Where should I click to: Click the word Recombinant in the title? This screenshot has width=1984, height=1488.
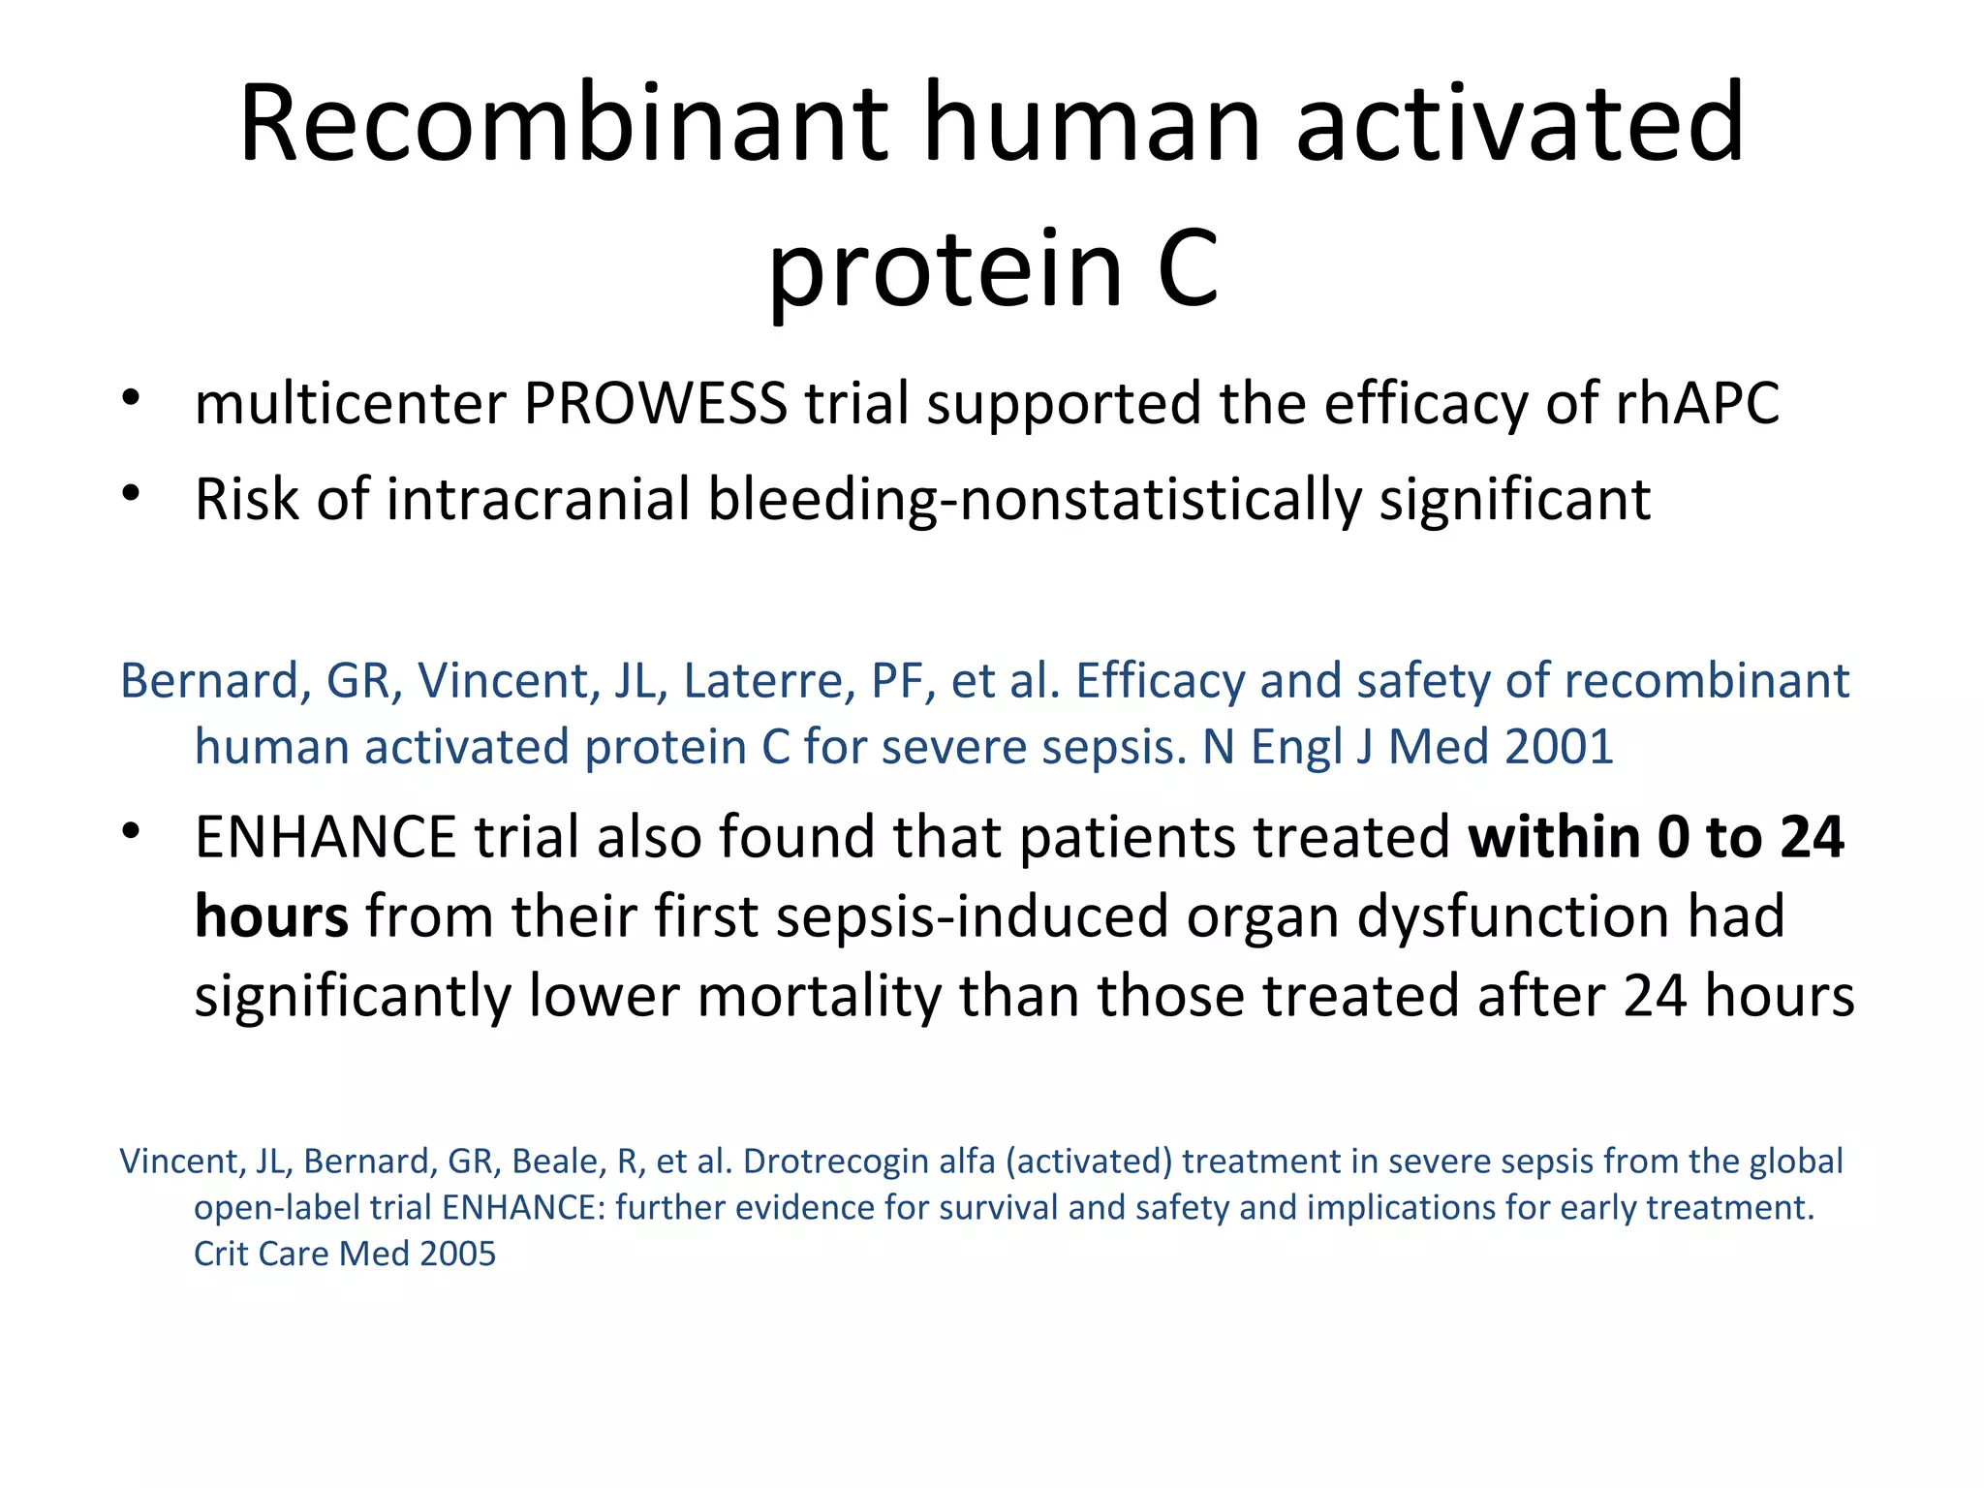[x=562, y=124]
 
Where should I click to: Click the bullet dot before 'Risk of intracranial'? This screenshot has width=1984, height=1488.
[x=132, y=494]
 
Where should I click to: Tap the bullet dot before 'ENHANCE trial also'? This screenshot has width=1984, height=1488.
[x=132, y=831]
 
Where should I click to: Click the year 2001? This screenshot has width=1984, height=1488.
[x=1560, y=747]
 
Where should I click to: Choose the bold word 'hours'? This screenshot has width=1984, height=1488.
[x=271, y=916]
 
